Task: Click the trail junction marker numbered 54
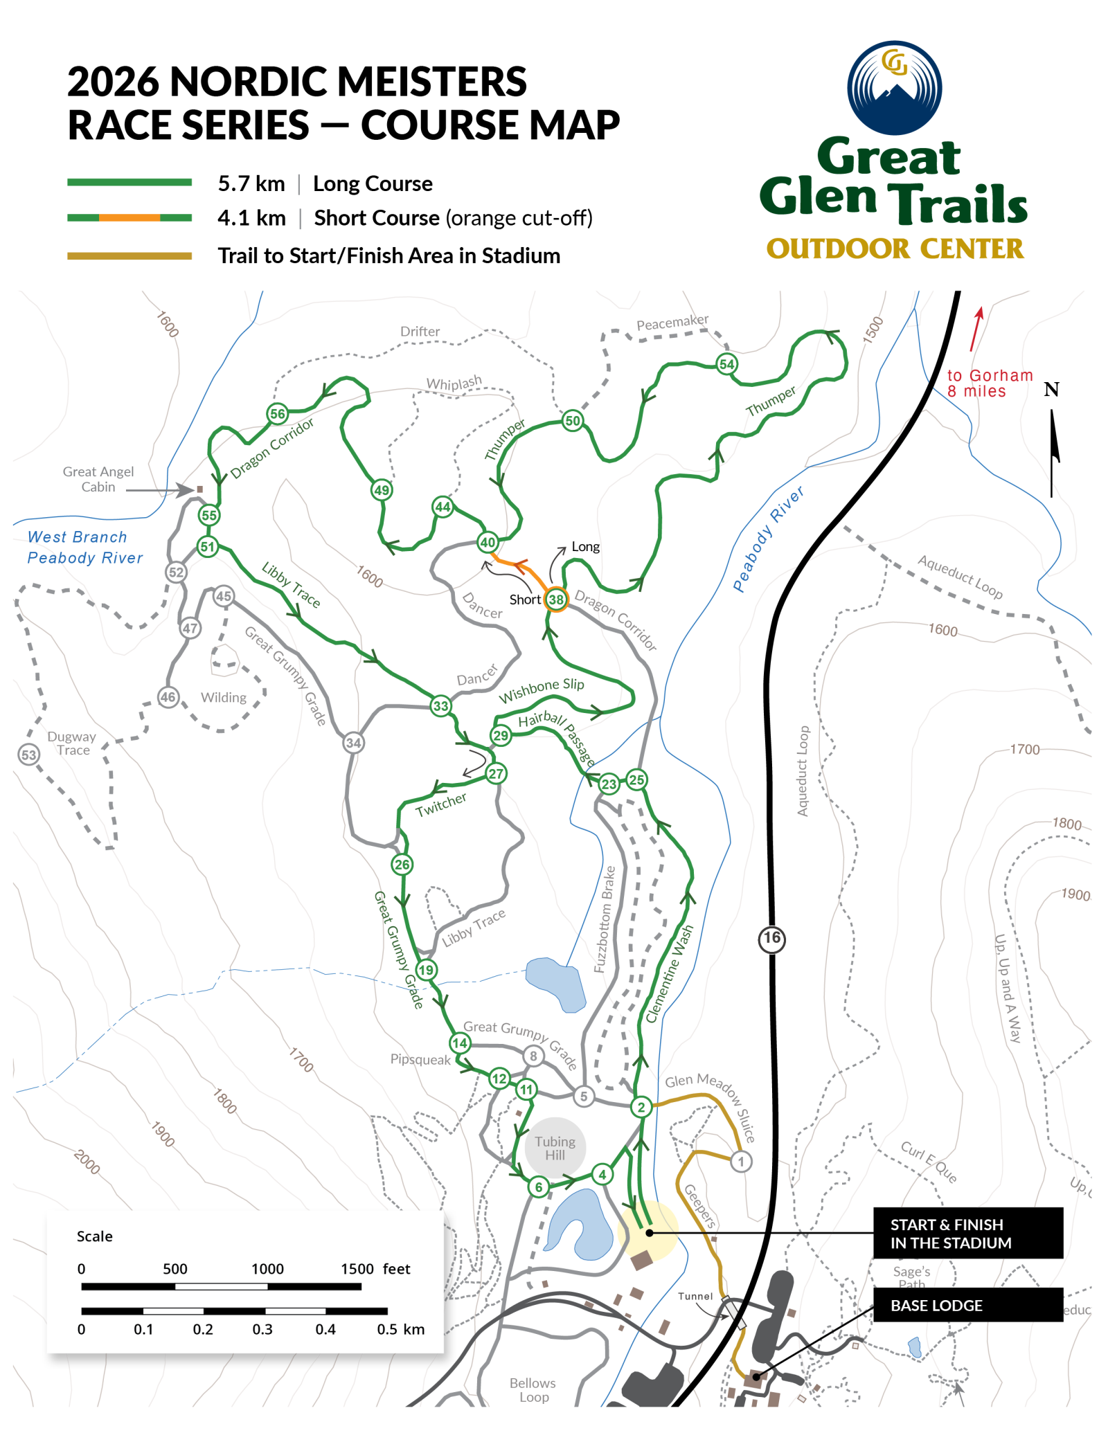[x=726, y=364]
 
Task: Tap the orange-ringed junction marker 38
[x=556, y=600]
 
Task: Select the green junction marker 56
[x=278, y=414]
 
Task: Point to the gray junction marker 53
[x=28, y=755]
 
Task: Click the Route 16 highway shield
[x=771, y=939]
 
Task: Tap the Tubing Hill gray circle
[x=555, y=1148]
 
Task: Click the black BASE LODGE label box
[x=967, y=1305]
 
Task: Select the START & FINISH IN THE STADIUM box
[x=967, y=1233]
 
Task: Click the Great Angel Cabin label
[x=98, y=479]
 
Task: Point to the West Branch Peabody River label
[x=84, y=547]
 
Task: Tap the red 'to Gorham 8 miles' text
[x=989, y=384]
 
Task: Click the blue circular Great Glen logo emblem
[x=894, y=88]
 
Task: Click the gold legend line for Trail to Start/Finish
[x=129, y=256]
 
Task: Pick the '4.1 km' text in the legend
[x=251, y=218]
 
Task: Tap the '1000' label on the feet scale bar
[x=267, y=1269]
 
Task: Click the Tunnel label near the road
[x=695, y=1296]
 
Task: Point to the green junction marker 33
[x=440, y=706]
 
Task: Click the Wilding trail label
[x=223, y=698]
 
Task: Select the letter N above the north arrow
[x=1051, y=390]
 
